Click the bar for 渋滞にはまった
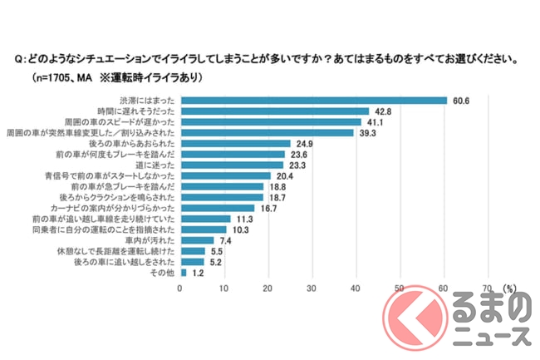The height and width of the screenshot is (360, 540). (x=313, y=100)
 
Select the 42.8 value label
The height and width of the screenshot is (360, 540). (x=381, y=111)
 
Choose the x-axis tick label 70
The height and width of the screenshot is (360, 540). (x=487, y=288)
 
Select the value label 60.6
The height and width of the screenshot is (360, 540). (x=462, y=100)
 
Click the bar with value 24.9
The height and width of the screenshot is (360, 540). (x=235, y=143)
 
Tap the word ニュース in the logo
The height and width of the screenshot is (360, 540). (x=490, y=335)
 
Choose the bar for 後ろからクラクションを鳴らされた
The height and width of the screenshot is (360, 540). (x=222, y=197)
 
